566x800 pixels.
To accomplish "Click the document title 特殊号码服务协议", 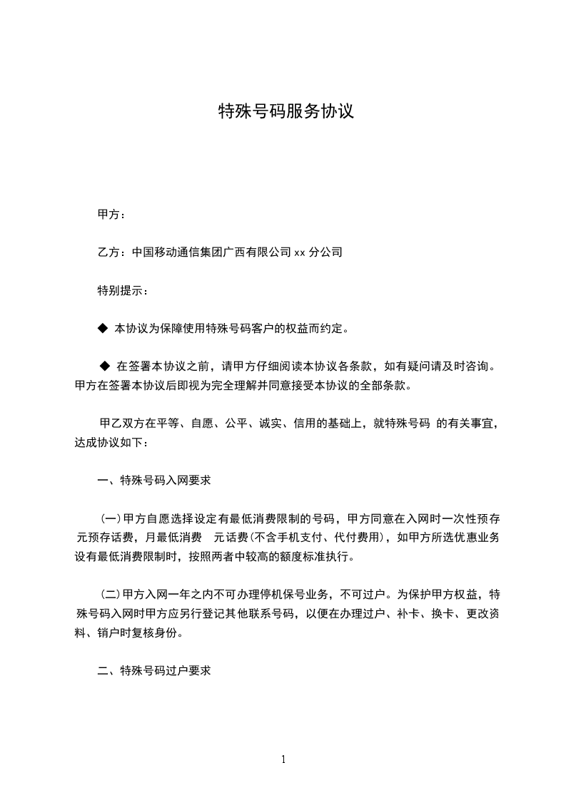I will [x=285, y=112].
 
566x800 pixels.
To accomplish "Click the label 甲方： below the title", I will [x=111, y=214].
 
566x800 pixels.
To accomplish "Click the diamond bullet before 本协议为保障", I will [x=101, y=329].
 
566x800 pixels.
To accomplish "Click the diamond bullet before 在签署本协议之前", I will [x=105, y=366].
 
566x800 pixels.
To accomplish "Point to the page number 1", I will [x=283, y=759].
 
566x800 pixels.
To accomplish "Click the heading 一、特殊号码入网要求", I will [x=154, y=481].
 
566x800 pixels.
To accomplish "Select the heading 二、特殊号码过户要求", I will [x=154, y=671].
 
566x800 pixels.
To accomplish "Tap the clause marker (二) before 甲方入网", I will [x=111, y=595].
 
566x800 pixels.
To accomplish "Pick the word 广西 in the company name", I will [x=234, y=252].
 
